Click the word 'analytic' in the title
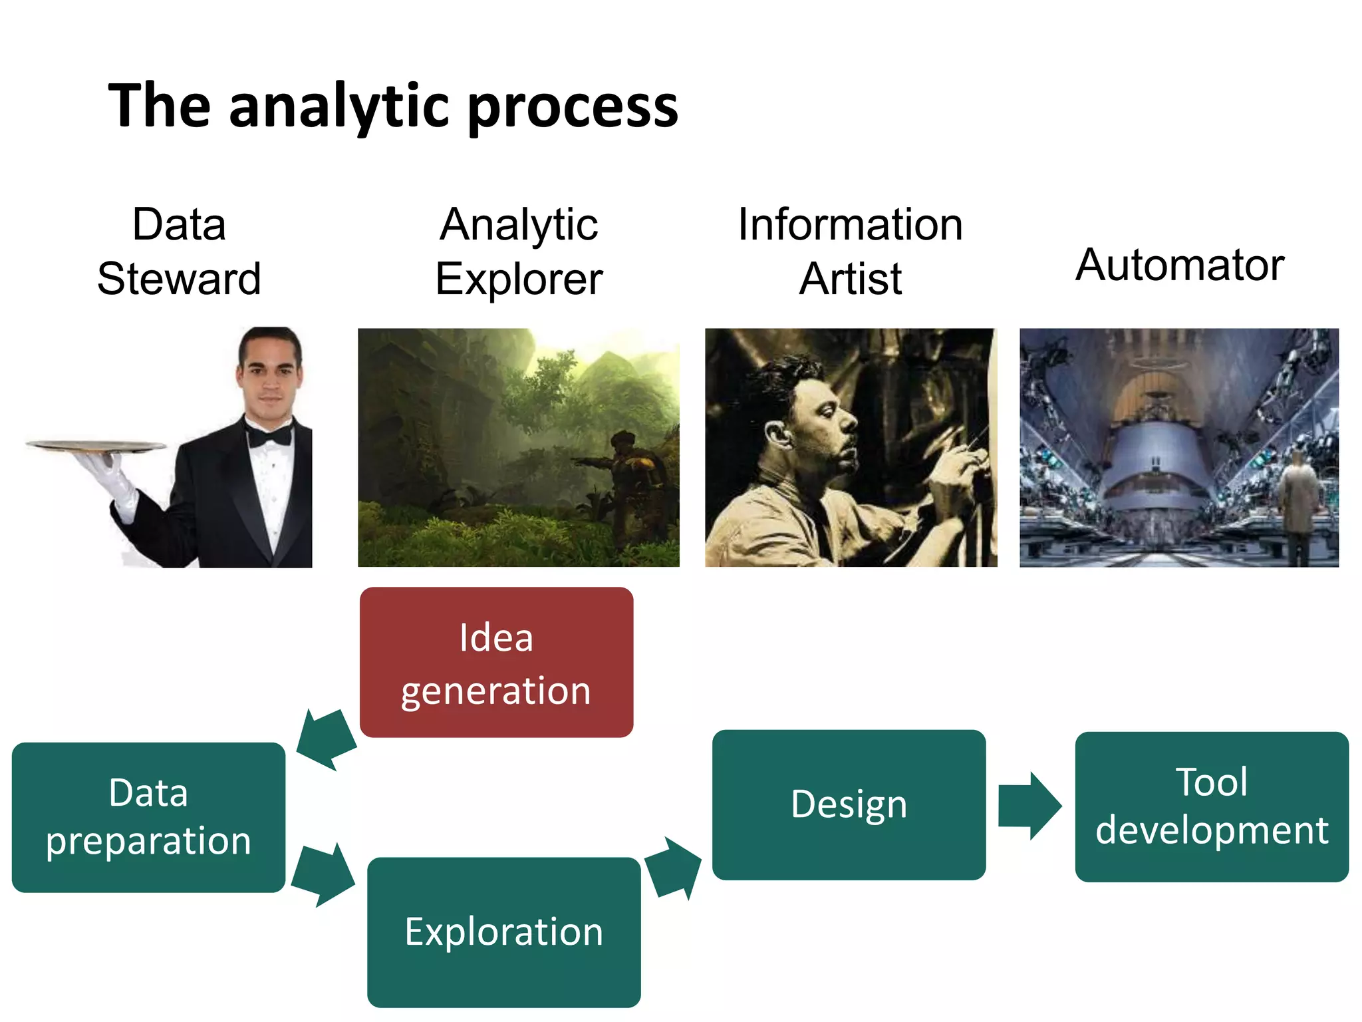click(x=341, y=106)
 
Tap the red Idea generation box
click(x=496, y=663)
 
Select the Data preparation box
click(x=149, y=817)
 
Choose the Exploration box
click(x=504, y=932)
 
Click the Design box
click(x=849, y=804)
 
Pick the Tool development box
click(x=1211, y=806)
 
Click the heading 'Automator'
click(x=1179, y=265)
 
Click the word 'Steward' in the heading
click(x=179, y=278)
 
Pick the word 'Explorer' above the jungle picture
click(x=519, y=278)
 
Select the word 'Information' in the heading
click(x=850, y=224)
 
